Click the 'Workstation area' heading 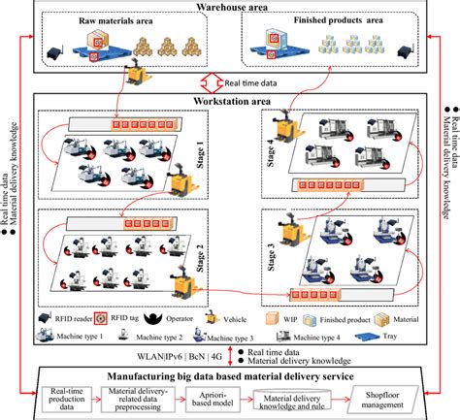point(233,100)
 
